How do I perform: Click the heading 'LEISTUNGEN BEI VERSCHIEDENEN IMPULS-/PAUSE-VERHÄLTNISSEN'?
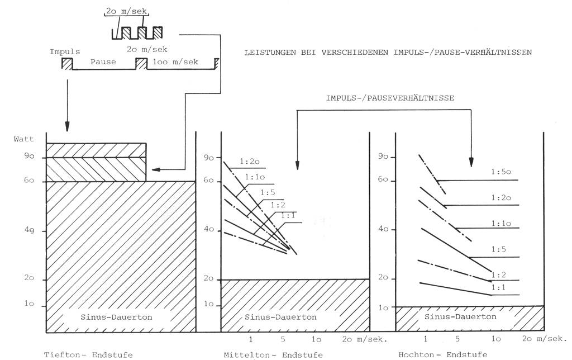pyautogui.click(x=388, y=52)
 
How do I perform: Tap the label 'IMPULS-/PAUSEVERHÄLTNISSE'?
pyautogui.click(x=390, y=98)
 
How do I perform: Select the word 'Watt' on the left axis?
pyautogui.click(x=23, y=139)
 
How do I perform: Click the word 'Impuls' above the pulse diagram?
pyautogui.click(x=65, y=52)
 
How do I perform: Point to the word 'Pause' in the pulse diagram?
pyautogui.click(x=103, y=61)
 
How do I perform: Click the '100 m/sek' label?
pyautogui.click(x=175, y=61)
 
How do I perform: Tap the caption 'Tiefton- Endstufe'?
pyautogui.click(x=88, y=354)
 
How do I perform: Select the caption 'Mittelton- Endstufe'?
pyautogui.click(x=273, y=354)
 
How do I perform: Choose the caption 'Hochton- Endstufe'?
pyautogui.click(x=442, y=354)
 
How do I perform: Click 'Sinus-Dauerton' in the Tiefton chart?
pyautogui.click(x=116, y=317)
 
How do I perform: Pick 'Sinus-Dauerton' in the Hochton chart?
pyautogui.click(x=460, y=316)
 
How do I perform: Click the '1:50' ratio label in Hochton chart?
pyautogui.click(x=501, y=172)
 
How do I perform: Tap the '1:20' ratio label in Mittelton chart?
pyautogui.click(x=250, y=162)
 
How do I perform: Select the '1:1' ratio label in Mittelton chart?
pyautogui.click(x=288, y=216)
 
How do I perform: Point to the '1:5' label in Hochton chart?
pyautogui.click(x=498, y=249)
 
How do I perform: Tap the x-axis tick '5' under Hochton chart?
pyautogui.click(x=457, y=339)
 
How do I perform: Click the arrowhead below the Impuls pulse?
pyautogui.click(x=67, y=127)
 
